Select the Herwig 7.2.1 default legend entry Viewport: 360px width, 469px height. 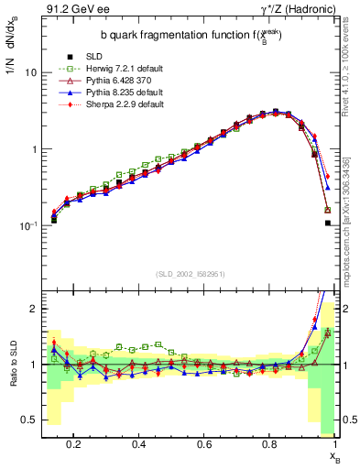coord(116,69)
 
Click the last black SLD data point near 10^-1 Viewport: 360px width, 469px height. coord(328,223)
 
